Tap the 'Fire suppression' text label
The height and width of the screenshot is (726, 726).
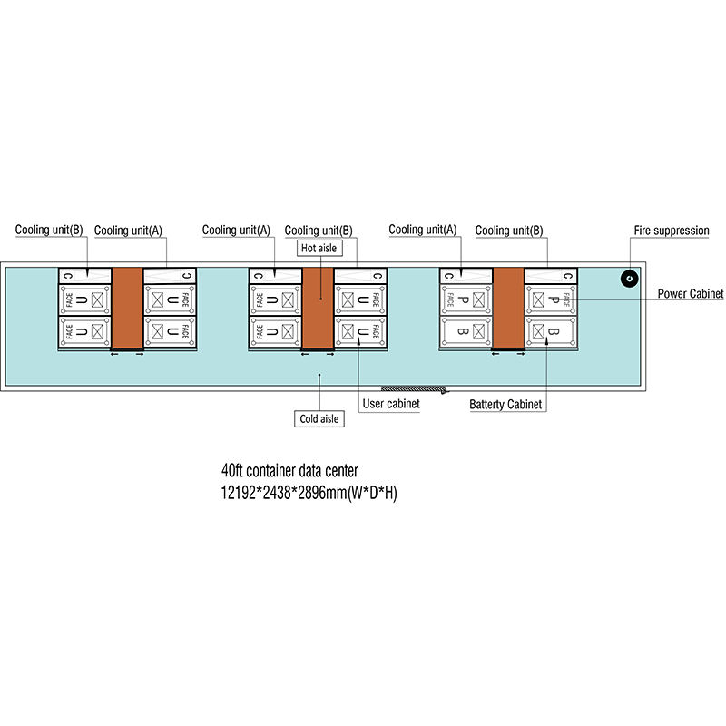[x=671, y=231]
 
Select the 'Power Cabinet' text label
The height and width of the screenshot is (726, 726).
[x=691, y=294]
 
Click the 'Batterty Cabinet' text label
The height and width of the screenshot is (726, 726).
[x=506, y=404]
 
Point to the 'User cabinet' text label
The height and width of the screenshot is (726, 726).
[x=390, y=404]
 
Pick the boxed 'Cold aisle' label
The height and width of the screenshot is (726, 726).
[x=319, y=418]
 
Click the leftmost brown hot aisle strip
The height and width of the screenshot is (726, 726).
[x=127, y=308]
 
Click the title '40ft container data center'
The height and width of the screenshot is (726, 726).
[x=289, y=470]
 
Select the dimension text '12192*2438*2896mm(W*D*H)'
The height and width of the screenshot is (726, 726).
[x=309, y=494]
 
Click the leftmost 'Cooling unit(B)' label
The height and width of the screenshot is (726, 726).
[x=48, y=231]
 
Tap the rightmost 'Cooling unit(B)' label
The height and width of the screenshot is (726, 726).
[x=509, y=231]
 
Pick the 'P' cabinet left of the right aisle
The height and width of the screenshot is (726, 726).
[x=466, y=299]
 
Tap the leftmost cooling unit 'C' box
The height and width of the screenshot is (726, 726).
[x=84, y=275]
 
